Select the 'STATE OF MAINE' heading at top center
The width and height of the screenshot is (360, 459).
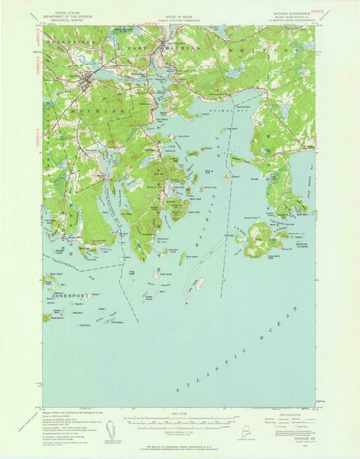pyautogui.click(x=180, y=11)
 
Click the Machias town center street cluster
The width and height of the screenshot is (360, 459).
pyautogui.click(x=89, y=77)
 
